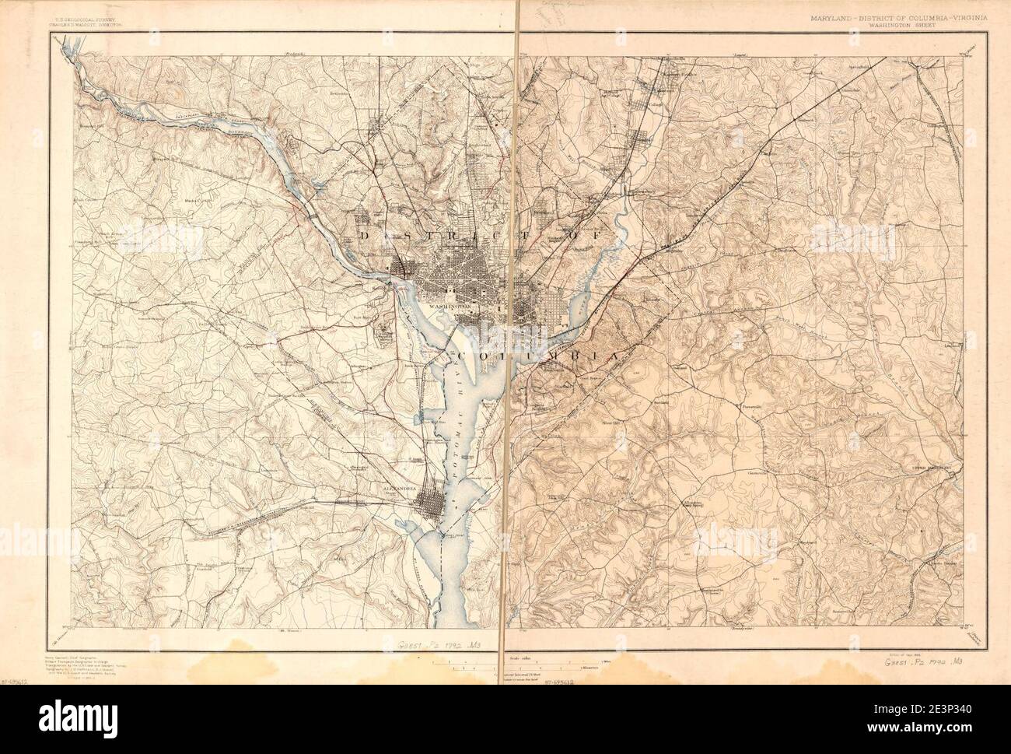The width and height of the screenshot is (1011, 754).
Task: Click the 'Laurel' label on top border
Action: tap(740, 55)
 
